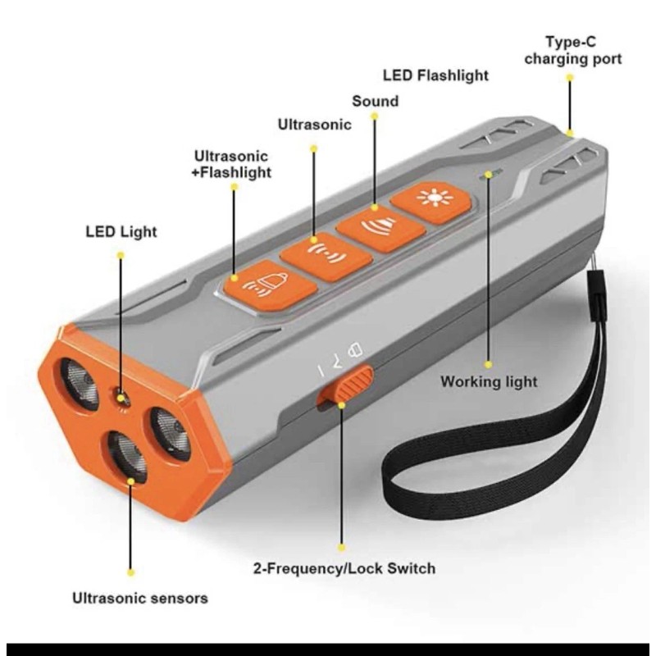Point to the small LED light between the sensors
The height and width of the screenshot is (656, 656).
pos(123,399)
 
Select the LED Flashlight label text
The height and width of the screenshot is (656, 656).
pos(435,75)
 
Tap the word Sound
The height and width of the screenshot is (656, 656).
pos(375,102)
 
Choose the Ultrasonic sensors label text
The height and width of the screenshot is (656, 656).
pos(139,598)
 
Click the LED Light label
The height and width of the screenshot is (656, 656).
pos(121,232)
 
